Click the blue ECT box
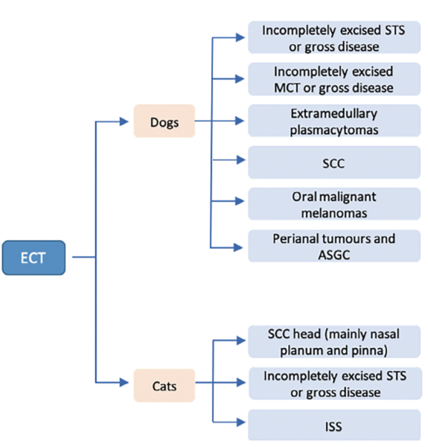[x=33, y=258]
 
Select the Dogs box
[x=165, y=121]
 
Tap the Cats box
[x=165, y=385]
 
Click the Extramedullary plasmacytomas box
[x=334, y=121]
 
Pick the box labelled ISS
[x=334, y=425]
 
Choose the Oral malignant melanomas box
[x=334, y=204]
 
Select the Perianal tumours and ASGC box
[x=334, y=246]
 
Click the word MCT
[x=287, y=88]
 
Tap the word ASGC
[x=334, y=255]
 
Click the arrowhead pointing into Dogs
[x=124, y=121]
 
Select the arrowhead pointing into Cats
[x=124, y=382]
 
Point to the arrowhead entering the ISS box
[x=241, y=422]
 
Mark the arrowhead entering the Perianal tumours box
[x=238, y=247]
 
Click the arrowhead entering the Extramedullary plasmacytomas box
[x=240, y=121]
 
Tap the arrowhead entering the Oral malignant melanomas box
[x=240, y=201]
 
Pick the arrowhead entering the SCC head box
[x=241, y=340]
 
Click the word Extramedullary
[x=334, y=113]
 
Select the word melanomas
[x=334, y=213]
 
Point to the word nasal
[x=383, y=334]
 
